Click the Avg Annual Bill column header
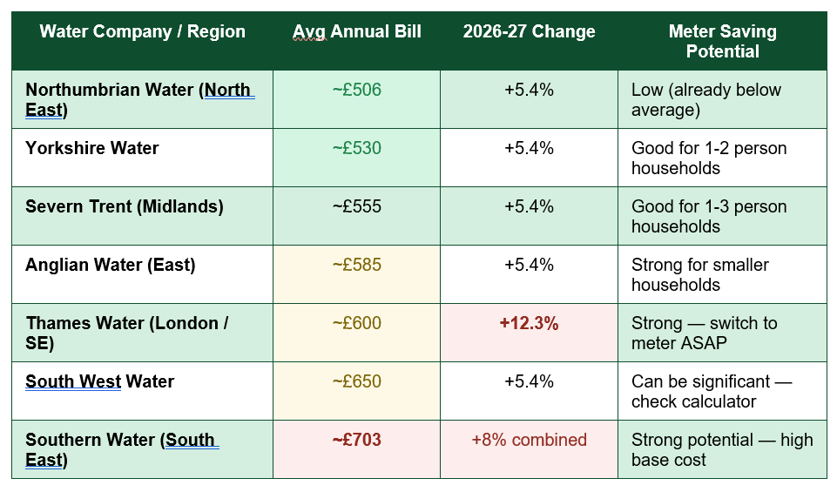[356, 31]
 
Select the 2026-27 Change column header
[529, 31]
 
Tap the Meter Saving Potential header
[722, 41]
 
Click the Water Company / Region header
[143, 31]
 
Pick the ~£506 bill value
[356, 90]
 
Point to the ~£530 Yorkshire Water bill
[356, 148]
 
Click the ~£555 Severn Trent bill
[356, 206]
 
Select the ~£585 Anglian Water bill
[356, 265]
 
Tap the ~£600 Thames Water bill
[356, 323]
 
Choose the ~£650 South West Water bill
[356, 381]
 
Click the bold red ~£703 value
[356, 440]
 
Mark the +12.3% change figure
[529, 323]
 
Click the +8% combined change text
[529, 440]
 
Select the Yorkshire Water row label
[91, 148]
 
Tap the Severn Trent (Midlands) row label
[125, 206]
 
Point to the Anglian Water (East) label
[111, 265]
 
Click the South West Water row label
[100, 381]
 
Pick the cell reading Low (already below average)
[705, 100]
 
